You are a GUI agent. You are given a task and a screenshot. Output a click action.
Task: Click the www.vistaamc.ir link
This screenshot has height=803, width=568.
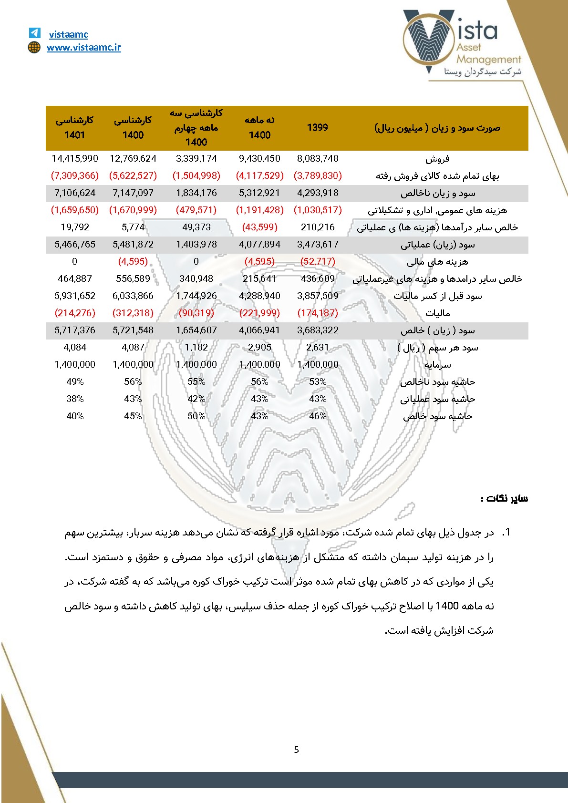click(83, 47)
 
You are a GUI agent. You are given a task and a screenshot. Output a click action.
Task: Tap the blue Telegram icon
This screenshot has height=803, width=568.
click(34, 33)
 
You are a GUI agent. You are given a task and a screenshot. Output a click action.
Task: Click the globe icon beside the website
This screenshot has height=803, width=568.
click(34, 47)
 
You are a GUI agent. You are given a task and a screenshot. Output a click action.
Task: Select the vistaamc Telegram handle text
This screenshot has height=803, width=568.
click(68, 34)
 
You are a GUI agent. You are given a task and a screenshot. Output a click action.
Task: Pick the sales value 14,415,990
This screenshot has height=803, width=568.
click(75, 158)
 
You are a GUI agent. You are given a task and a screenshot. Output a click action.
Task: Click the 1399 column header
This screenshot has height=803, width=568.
click(317, 127)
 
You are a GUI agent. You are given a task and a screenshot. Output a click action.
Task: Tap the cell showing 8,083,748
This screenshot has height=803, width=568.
click(318, 158)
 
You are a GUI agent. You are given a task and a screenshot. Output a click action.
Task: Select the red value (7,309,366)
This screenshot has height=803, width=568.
click(75, 175)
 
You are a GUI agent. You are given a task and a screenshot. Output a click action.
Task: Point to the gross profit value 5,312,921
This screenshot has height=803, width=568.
click(259, 193)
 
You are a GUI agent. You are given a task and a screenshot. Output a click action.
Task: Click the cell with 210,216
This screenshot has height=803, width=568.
click(318, 227)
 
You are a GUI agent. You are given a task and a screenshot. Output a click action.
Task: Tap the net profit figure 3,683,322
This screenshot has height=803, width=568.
click(318, 330)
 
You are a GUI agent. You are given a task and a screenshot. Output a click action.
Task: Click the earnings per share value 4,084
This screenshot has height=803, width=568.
click(75, 347)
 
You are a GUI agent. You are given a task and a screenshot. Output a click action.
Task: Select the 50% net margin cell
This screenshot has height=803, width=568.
click(196, 416)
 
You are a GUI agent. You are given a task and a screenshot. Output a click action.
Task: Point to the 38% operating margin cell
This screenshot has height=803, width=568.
click(75, 399)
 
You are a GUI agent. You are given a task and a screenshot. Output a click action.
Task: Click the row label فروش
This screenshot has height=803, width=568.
click(437, 159)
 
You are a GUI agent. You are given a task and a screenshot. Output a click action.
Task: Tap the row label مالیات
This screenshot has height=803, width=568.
click(437, 313)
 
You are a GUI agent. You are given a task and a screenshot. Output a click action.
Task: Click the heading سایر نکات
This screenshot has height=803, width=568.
click(504, 499)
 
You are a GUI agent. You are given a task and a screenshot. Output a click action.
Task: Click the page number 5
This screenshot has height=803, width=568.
click(296, 750)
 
